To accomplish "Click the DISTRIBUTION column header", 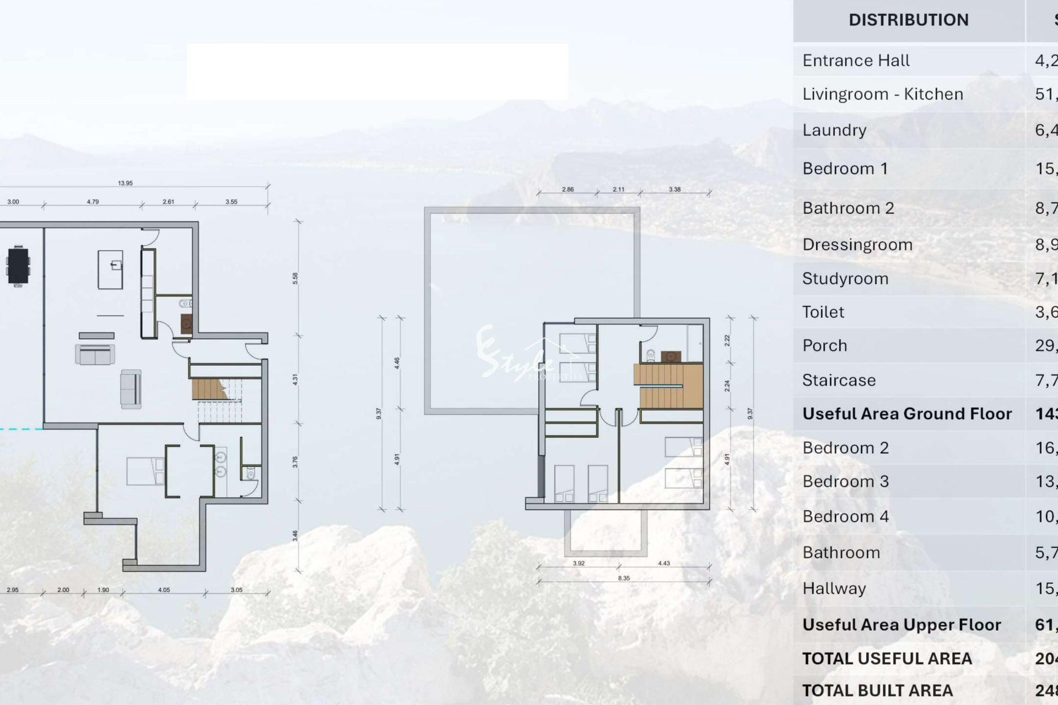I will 908,20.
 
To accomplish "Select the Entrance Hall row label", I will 856,61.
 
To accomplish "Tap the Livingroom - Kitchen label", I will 883,94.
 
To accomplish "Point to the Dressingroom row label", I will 857,245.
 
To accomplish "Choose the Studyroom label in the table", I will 845,279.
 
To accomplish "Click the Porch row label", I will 824,346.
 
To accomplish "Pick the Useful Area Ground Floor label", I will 907,414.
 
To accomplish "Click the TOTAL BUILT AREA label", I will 877,691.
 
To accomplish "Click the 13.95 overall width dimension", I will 125,183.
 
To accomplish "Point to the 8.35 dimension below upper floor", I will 624,578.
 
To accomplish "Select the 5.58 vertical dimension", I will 295,279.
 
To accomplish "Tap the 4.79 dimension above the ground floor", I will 93,202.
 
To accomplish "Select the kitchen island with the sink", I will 110,269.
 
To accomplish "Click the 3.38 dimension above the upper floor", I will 674,189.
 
